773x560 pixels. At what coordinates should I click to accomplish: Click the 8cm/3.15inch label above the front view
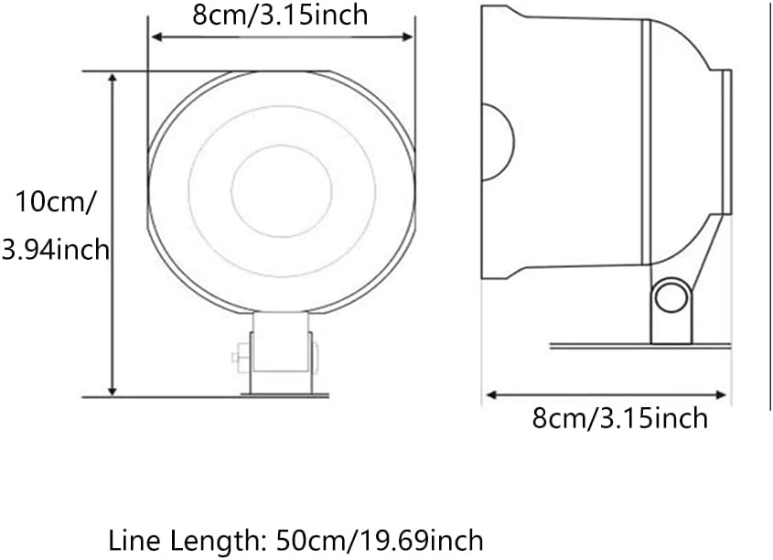tap(280, 15)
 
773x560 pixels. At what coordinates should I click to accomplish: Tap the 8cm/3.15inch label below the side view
tap(619, 418)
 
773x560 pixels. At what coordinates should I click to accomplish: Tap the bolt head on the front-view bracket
tap(237, 356)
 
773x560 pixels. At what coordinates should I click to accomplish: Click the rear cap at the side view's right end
tap(726, 142)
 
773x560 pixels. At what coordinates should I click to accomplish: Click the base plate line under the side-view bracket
tap(640, 346)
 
